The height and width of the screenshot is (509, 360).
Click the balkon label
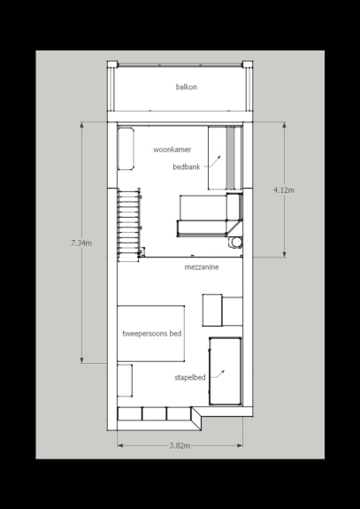(x=186, y=87)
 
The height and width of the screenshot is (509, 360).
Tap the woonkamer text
(x=172, y=150)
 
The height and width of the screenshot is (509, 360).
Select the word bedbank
(x=187, y=167)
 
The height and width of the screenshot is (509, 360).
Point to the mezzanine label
(x=202, y=267)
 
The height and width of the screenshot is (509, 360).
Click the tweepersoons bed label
(x=152, y=334)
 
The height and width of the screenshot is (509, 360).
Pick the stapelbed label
(x=189, y=377)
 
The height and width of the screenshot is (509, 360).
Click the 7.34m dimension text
(x=81, y=243)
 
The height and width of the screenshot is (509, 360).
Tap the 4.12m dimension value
(x=284, y=190)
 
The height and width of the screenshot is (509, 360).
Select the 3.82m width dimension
(x=180, y=445)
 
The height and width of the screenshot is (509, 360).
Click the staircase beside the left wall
(x=129, y=225)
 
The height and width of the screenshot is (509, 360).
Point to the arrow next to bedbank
(x=214, y=162)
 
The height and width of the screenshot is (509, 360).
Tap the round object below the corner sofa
(x=235, y=243)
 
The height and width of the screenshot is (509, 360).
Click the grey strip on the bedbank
(x=230, y=158)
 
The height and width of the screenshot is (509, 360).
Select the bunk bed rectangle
(x=226, y=372)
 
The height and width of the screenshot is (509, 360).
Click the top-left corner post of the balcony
(x=112, y=64)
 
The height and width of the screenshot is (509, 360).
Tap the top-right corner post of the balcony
(x=248, y=64)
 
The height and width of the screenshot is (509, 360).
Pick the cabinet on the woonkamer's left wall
(x=126, y=149)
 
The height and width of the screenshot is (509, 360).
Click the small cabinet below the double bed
(x=125, y=381)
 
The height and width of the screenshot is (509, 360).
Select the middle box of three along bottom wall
(x=155, y=414)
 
